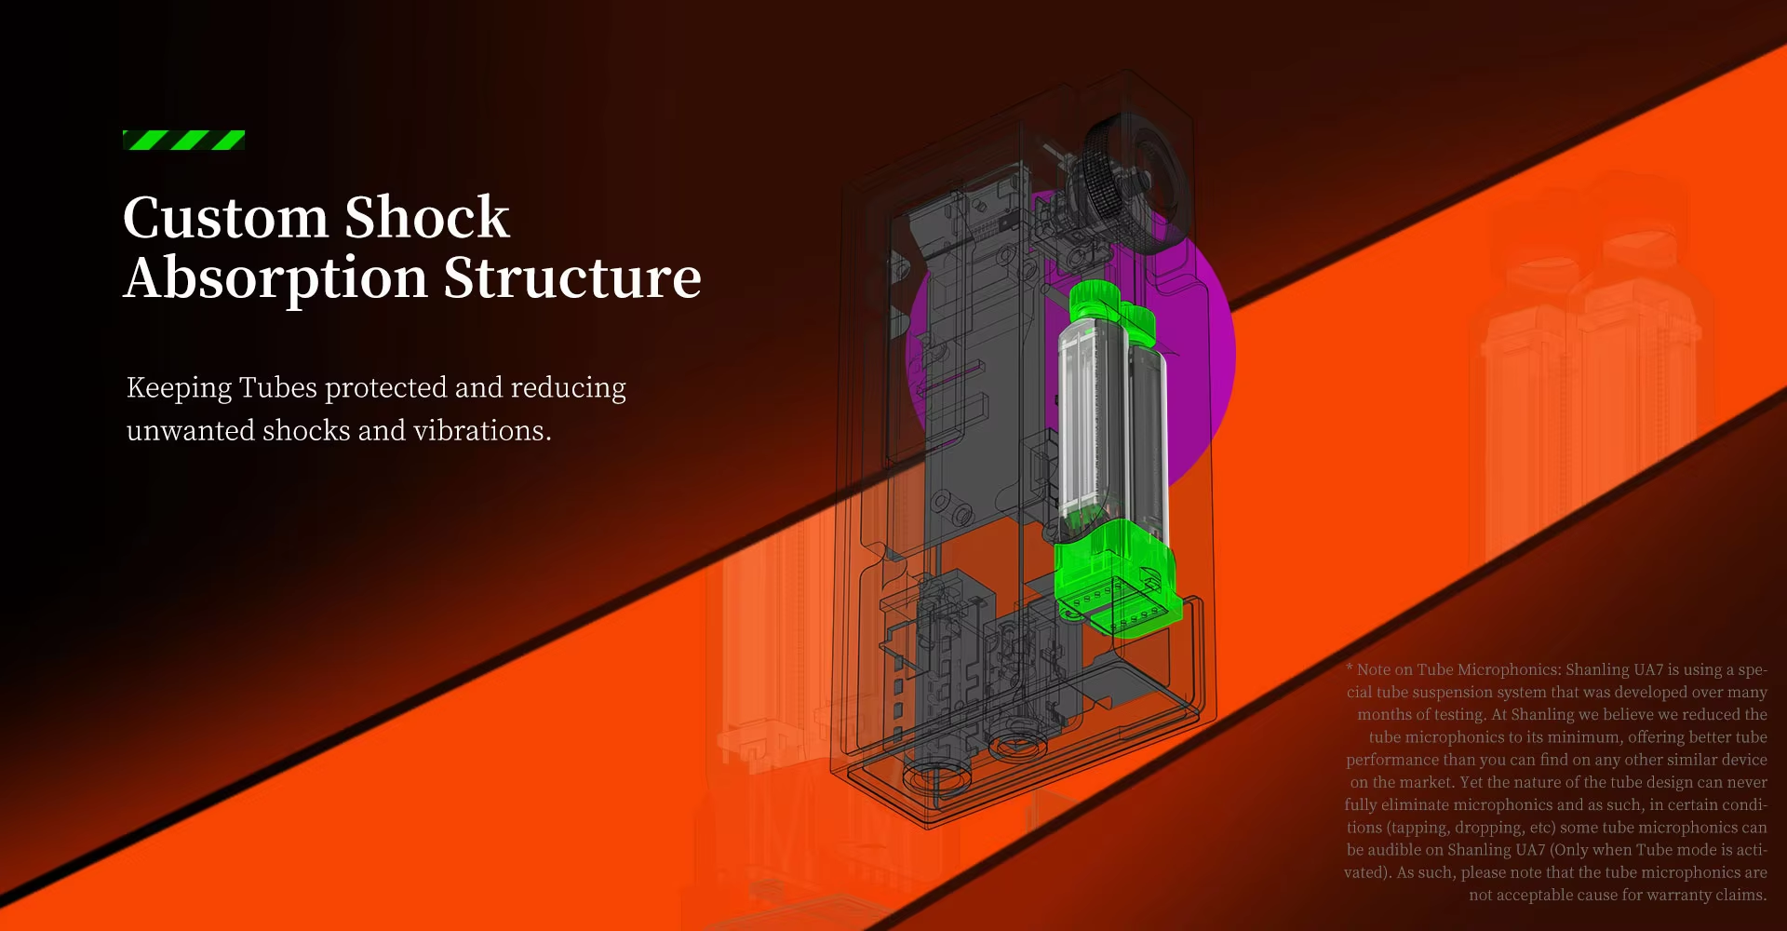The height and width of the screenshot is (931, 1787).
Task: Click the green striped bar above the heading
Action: point(183,140)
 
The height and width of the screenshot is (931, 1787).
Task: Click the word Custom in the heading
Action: point(225,218)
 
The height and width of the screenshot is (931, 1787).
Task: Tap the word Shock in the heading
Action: point(427,218)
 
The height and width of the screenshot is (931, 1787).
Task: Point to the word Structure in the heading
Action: point(572,278)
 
